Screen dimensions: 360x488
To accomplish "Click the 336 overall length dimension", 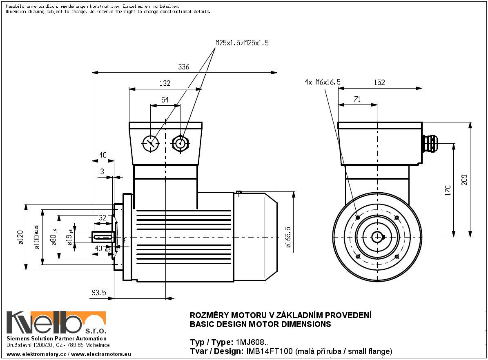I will (184, 67).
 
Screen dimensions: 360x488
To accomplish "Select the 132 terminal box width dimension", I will (165, 83).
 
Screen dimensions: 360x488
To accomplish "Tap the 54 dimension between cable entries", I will (165, 100).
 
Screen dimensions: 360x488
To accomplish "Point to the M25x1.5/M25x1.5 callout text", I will (242, 43).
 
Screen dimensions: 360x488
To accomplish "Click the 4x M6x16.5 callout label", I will (322, 82).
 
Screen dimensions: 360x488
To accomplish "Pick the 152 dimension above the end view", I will (379, 82).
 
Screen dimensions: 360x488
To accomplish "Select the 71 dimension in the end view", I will (357, 99).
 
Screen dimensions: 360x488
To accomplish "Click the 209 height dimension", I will (464, 179).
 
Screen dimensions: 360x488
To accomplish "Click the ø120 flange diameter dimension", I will (21, 237).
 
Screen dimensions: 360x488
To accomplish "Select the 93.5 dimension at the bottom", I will (99, 293).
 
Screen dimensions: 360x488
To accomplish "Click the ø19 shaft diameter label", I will (70, 237).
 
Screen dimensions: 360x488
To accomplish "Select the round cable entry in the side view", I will (150, 143).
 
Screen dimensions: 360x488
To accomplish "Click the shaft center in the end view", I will (377, 237).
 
